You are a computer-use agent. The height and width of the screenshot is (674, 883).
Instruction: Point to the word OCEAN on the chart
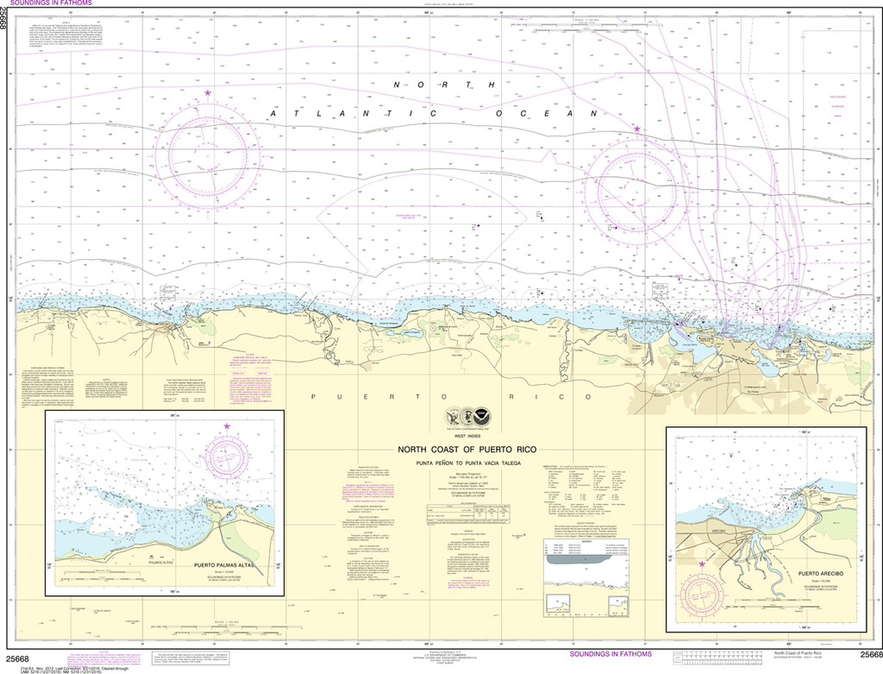546,113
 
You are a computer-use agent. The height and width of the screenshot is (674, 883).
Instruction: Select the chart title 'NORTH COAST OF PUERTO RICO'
467,450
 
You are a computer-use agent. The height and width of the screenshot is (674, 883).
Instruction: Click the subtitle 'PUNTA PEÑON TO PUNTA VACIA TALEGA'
467,463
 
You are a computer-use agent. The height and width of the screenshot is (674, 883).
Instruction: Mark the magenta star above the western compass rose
208,92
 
